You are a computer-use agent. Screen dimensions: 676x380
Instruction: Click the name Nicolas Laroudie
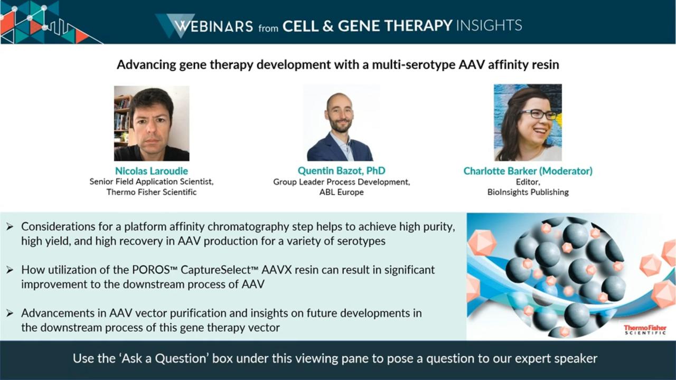[152, 171]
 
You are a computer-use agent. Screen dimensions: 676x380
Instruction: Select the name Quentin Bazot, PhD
[341, 170]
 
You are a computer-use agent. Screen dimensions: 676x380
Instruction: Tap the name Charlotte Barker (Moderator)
[528, 171]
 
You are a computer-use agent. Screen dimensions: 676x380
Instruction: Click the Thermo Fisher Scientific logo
[645, 329]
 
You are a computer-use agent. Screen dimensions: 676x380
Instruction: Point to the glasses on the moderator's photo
[538, 115]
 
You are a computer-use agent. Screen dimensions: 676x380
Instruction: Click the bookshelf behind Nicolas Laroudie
[122, 121]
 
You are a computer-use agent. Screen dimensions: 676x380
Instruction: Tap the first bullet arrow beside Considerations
[10, 227]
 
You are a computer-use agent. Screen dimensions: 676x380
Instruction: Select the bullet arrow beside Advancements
[10, 313]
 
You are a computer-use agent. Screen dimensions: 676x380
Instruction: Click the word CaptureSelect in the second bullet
[216, 270]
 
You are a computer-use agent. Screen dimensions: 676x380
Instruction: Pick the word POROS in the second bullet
[151, 270]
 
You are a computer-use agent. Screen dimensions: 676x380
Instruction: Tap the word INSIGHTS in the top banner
[489, 25]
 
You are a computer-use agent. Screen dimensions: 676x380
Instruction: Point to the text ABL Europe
[341, 192]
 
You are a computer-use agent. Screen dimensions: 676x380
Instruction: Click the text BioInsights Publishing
[528, 192]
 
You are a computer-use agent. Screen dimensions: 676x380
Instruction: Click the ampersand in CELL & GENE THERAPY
[328, 26]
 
